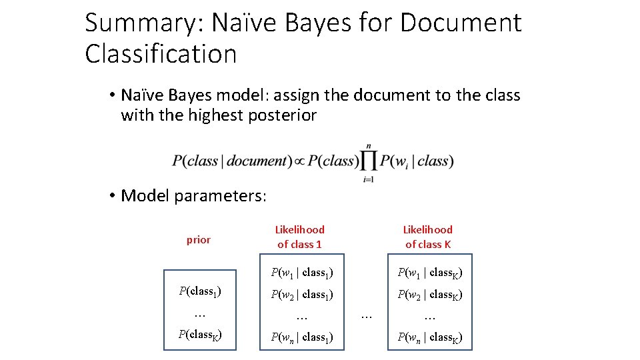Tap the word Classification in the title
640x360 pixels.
pyautogui.click(x=161, y=54)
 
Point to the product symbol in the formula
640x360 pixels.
pyautogui.click(x=369, y=161)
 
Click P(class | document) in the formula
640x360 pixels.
pyautogui.click(x=230, y=161)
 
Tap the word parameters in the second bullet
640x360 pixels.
pyautogui.click(x=220, y=195)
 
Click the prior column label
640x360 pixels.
pyautogui.click(x=198, y=240)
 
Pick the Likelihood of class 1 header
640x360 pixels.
pyautogui.click(x=299, y=237)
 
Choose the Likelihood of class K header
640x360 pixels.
pyautogui.click(x=427, y=237)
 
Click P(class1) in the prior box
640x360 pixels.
pyautogui.click(x=200, y=291)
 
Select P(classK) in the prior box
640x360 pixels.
pyautogui.click(x=200, y=335)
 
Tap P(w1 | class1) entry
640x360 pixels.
pyautogui.click(x=301, y=272)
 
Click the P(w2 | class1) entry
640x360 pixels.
pyautogui.click(x=301, y=294)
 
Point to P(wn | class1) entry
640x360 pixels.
pyautogui.click(x=301, y=337)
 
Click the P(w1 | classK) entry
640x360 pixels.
pyautogui.click(x=430, y=272)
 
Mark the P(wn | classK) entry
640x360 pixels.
pyautogui.click(x=430, y=337)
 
